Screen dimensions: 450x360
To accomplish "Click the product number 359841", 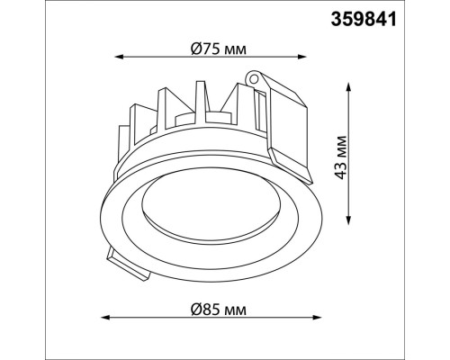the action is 364,20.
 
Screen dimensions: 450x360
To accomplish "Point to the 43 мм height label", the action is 340,157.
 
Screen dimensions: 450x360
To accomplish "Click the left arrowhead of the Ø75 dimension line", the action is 120,57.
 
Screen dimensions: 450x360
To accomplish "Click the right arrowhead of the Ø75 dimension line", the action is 301,57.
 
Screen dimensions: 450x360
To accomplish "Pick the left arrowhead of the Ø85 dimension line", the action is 105,318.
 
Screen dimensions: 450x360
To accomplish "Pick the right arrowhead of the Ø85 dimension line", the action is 317,318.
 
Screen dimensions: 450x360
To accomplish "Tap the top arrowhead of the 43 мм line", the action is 348,87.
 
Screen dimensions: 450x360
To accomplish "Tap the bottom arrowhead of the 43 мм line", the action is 348,220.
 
